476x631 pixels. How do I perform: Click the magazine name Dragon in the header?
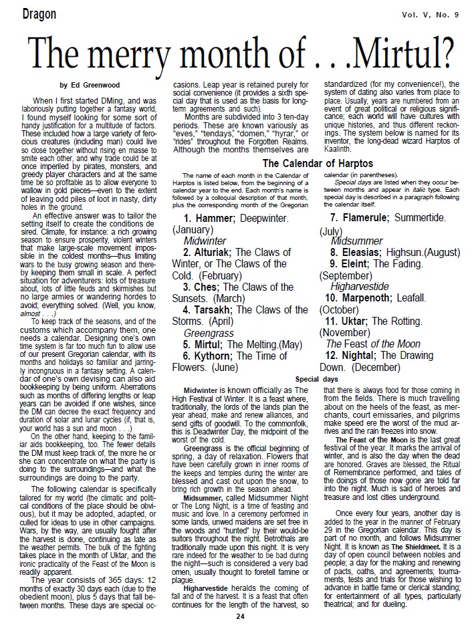[30, 14]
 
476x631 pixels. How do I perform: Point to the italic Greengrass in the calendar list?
[209, 332]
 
